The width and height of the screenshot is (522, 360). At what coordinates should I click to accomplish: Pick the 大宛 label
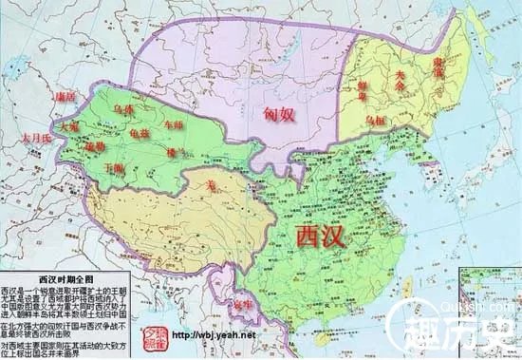click(x=69, y=124)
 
